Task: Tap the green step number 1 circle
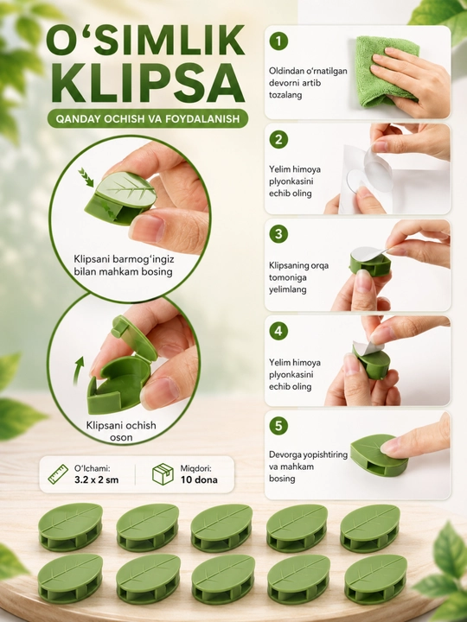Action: (x=278, y=41)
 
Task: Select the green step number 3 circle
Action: (x=278, y=234)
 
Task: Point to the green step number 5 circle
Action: (x=278, y=426)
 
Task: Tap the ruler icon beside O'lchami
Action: (x=58, y=474)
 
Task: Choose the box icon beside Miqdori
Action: (x=163, y=474)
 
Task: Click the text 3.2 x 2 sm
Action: (x=97, y=479)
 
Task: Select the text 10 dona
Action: (x=199, y=479)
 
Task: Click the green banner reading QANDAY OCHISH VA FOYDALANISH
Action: (x=148, y=118)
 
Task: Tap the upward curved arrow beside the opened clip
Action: (x=79, y=370)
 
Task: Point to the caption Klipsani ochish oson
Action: (x=121, y=431)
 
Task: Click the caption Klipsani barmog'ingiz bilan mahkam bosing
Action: (x=124, y=265)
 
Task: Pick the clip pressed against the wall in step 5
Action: (x=379, y=455)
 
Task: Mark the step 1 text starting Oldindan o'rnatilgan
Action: (x=308, y=83)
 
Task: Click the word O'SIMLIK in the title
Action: (x=145, y=41)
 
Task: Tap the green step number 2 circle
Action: (x=278, y=139)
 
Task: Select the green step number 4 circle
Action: (x=278, y=331)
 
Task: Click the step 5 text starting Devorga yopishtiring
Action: (x=308, y=466)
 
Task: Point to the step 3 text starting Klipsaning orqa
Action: (x=298, y=277)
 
